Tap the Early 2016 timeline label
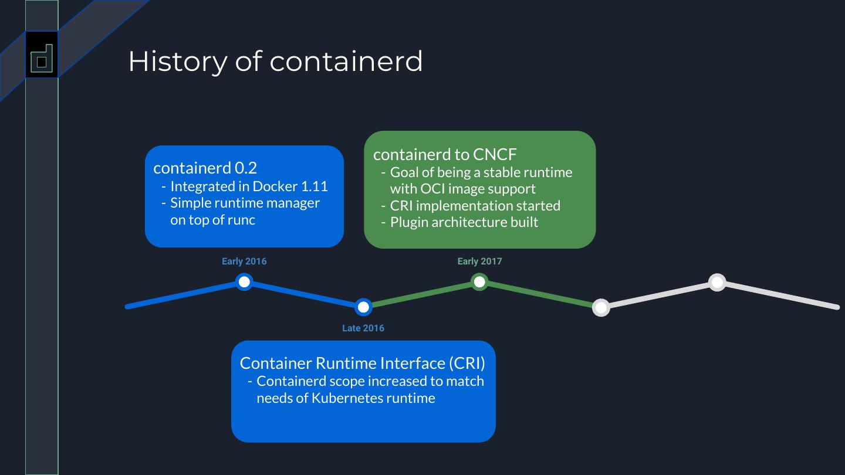(244, 262)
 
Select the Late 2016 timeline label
(363, 328)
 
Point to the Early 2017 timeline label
(479, 262)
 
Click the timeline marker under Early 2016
(244, 282)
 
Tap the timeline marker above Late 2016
(363, 307)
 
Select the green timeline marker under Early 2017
(479, 282)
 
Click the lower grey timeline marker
(601, 307)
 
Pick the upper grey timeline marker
(717, 282)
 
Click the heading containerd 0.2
(205, 168)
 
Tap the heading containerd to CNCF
(445, 154)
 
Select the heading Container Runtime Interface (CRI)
(362, 363)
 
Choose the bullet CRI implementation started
(475, 206)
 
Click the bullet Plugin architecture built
(464, 222)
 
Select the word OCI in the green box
(434, 189)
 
